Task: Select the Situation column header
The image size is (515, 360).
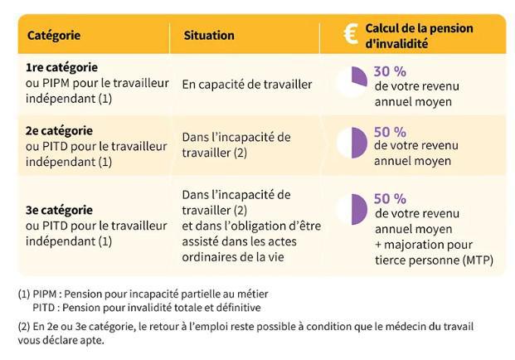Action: click(208, 36)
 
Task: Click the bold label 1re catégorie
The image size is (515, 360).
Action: click(61, 67)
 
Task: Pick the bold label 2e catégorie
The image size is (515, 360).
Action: click(59, 130)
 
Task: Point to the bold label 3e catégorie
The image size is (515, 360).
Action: click(59, 210)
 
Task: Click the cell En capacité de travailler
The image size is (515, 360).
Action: click(247, 84)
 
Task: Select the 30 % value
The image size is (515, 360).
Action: click(390, 71)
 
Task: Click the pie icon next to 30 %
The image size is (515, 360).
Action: click(353, 81)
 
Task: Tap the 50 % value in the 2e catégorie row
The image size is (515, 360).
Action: click(390, 131)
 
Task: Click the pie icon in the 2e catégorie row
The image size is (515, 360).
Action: click(353, 142)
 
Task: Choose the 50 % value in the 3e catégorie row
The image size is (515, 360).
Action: click(390, 198)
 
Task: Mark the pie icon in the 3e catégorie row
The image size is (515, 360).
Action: click(353, 210)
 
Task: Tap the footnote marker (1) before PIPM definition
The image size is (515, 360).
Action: click(23, 294)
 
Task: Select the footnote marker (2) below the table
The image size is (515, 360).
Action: click(23, 325)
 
